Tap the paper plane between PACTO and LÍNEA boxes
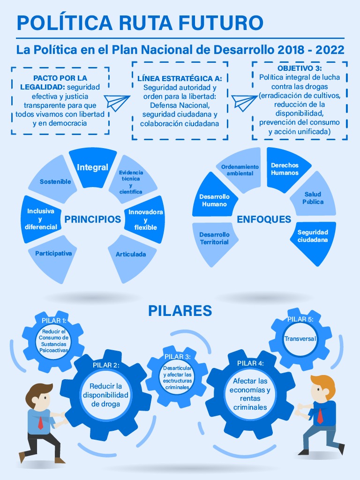coord(117,101)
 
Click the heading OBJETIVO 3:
coord(300,68)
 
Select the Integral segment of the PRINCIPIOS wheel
coord(93,167)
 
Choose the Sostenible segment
coord(55,181)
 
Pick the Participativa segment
coord(53,254)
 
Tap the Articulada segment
coord(131,255)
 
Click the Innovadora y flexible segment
coord(145,219)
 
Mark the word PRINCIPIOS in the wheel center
coord(93,219)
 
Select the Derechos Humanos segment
coord(285,169)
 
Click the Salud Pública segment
coord(313,198)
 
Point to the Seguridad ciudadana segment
coord(313,236)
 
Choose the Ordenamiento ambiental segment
coord(240,170)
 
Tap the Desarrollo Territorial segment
coord(214,238)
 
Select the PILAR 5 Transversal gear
coord(300,338)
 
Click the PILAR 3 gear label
coord(178,357)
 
